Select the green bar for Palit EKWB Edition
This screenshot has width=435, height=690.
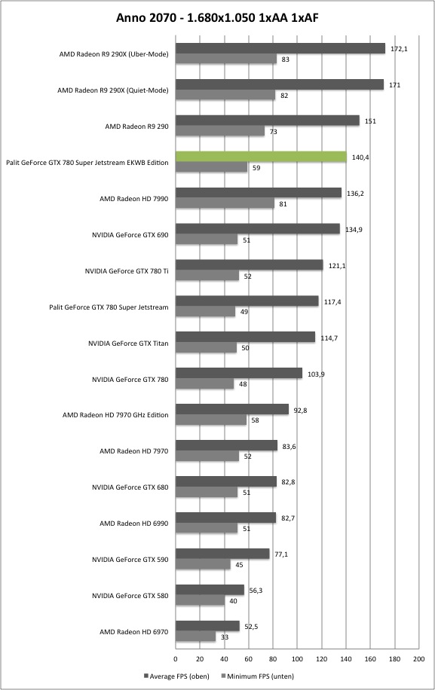[261, 157]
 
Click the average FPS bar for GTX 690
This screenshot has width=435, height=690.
[258, 229]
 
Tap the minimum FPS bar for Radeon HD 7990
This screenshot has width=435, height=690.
[225, 203]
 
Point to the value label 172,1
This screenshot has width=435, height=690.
[399, 49]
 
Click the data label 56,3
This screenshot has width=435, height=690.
[256, 591]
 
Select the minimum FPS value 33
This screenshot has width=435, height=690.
[225, 637]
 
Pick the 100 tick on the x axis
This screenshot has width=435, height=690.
[297, 659]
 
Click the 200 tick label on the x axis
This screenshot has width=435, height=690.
[418, 659]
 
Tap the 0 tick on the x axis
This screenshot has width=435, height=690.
[176, 659]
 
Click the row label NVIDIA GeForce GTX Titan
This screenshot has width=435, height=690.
[128, 343]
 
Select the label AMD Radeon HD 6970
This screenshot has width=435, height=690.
[134, 632]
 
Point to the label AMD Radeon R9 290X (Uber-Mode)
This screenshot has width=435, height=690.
[114, 54]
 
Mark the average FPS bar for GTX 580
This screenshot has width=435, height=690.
[210, 590]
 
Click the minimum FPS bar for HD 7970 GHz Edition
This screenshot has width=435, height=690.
[211, 420]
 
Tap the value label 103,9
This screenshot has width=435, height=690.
[316, 374]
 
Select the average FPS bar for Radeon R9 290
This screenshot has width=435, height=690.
[268, 121]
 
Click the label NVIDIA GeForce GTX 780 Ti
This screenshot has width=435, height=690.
[127, 271]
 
